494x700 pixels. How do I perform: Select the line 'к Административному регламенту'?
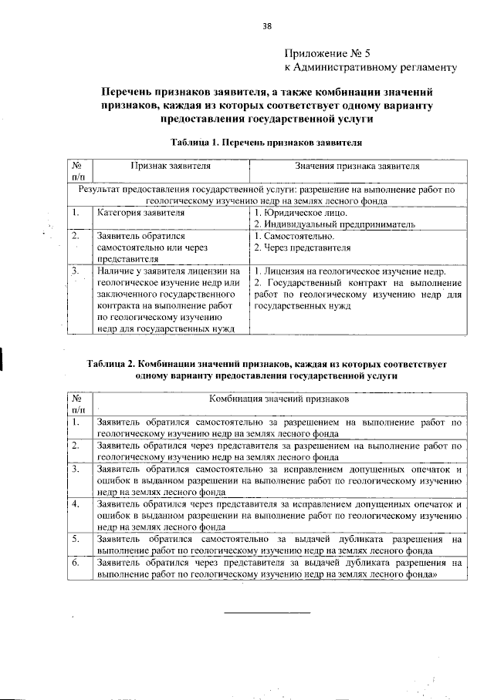tap(371, 67)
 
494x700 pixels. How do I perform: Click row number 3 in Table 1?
tap(75, 272)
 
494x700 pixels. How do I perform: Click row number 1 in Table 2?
tap(75, 422)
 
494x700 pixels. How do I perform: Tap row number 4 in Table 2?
tap(75, 503)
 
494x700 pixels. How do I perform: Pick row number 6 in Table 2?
tap(75, 564)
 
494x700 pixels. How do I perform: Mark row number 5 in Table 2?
tap(75, 539)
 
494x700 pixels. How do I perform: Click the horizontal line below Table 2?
tap(266, 613)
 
